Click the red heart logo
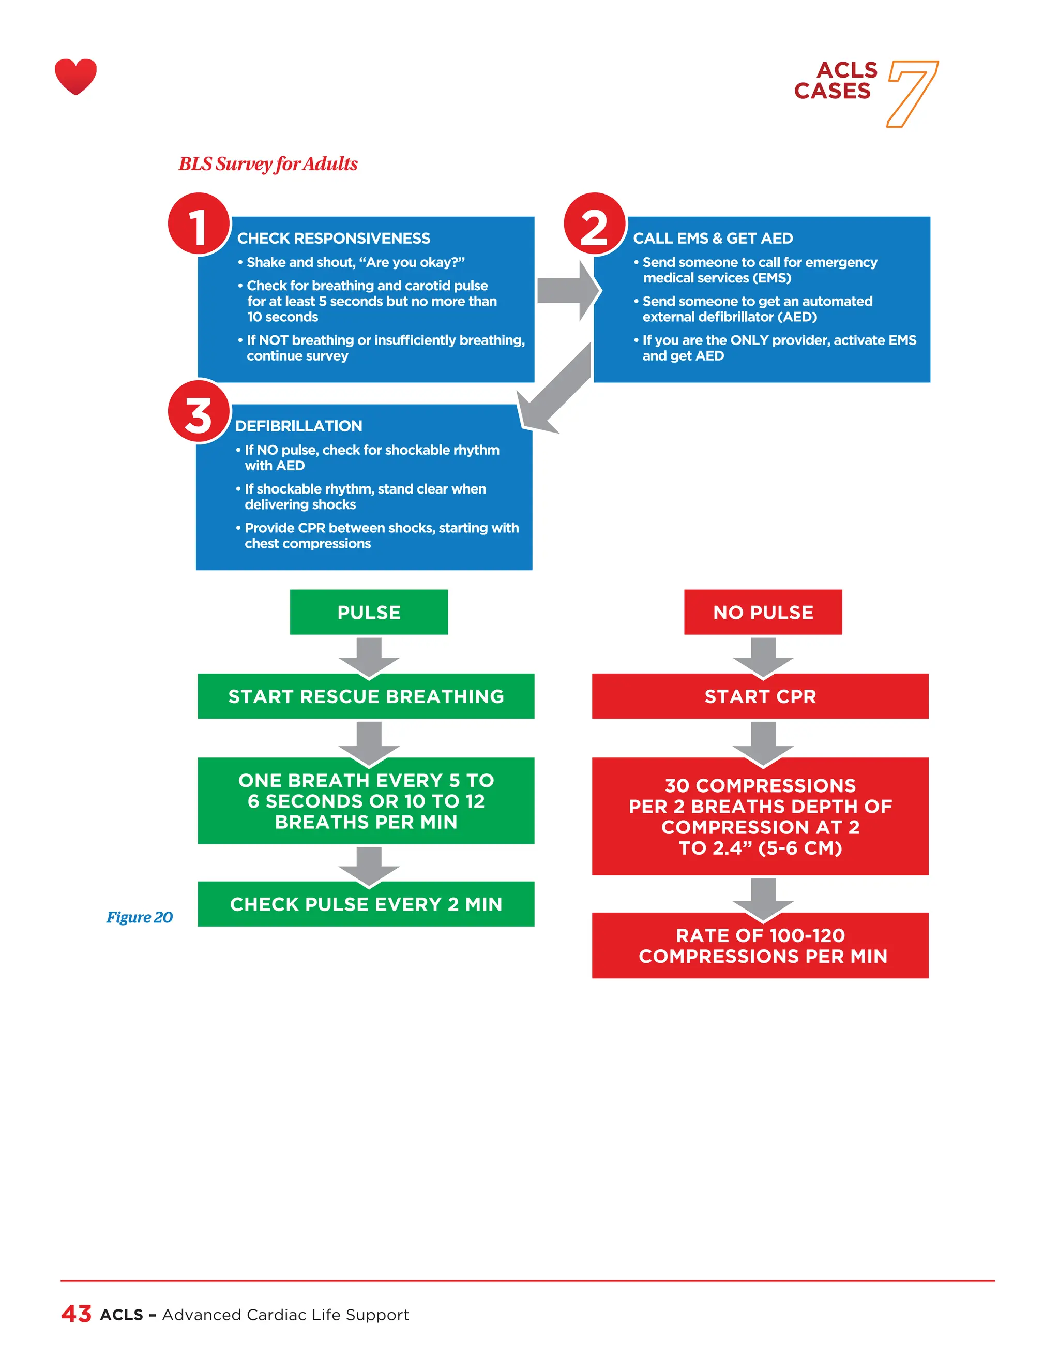[x=75, y=76]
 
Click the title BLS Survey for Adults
[x=268, y=164]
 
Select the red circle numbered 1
[x=198, y=224]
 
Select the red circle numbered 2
[x=594, y=224]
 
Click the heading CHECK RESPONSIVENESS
[x=333, y=239]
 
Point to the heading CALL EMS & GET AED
[x=713, y=239]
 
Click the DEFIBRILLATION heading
[x=299, y=426]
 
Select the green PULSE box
[x=369, y=612]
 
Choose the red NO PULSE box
[x=763, y=612]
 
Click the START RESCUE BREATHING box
[x=366, y=696]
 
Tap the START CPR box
[x=760, y=696]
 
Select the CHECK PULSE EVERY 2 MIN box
[x=366, y=904]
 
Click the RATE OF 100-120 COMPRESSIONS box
[x=760, y=945]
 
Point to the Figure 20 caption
[x=139, y=917]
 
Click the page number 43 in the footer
[x=77, y=1314]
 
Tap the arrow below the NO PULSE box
[x=763, y=657]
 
